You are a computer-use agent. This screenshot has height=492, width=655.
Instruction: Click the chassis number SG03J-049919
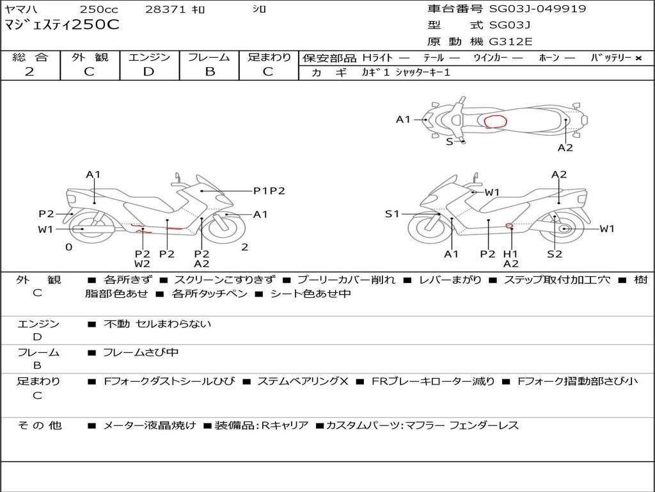[x=537, y=9]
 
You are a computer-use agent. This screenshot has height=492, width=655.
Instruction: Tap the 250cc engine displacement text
[x=99, y=10]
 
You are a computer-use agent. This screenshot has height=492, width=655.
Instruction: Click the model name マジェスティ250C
[x=62, y=26]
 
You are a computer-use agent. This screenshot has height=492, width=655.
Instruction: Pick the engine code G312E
[x=510, y=42]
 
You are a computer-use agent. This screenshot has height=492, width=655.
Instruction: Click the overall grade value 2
[x=29, y=72]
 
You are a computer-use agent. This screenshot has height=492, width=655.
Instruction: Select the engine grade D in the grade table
[x=149, y=72]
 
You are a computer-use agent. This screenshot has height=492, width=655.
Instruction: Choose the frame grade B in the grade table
[x=209, y=72]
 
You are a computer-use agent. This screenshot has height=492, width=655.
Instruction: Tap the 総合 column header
[x=29, y=58]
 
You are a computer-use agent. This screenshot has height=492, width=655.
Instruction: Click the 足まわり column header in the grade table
[x=269, y=58]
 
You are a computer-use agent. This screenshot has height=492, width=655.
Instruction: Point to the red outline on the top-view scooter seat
[x=495, y=122]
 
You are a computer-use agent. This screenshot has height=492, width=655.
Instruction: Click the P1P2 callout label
[x=269, y=190]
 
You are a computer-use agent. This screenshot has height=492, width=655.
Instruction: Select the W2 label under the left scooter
[x=142, y=263]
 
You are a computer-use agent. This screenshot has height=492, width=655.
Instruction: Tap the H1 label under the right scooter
[x=510, y=254]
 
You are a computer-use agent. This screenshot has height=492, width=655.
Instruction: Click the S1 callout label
[x=391, y=214]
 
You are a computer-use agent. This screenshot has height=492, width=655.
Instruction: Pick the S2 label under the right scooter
[x=554, y=254]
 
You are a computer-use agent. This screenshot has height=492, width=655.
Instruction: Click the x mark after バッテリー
[x=638, y=58]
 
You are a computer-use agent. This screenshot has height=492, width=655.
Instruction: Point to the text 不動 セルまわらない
[x=157, y=324]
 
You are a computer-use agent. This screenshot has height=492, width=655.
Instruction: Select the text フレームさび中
[x=141, y=352]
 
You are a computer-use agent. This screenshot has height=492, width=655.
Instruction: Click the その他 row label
[x=40, y=425]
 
